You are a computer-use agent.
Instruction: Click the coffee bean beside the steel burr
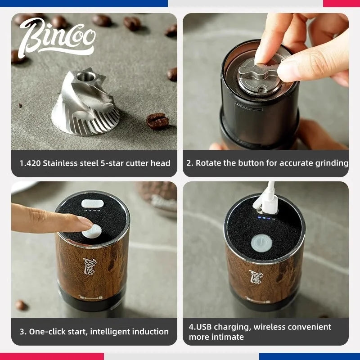[x=157, y=121]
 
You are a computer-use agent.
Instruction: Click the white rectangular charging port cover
[x=92, y=203]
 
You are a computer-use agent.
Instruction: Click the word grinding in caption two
[x=332, y=163]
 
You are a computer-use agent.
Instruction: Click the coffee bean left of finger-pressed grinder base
[x=21, y=305]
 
